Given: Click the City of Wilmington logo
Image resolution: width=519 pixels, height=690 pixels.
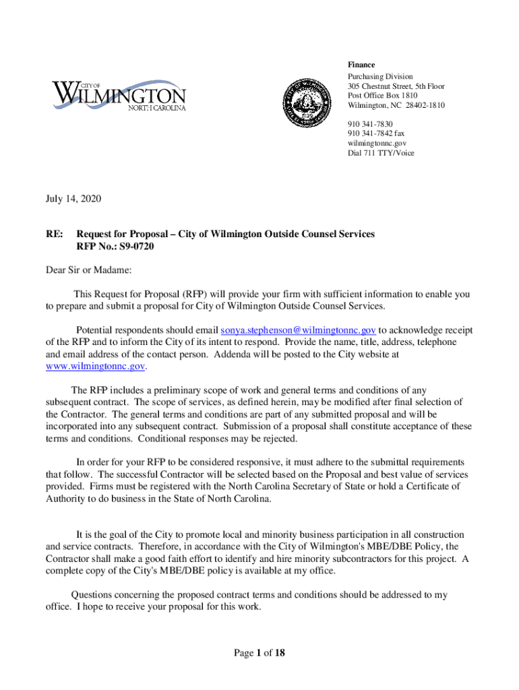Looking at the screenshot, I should (119, 96).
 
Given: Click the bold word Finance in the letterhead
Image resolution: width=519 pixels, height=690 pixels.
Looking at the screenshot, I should (361, 65).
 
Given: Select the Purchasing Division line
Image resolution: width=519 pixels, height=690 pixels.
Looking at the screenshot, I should (380, 77).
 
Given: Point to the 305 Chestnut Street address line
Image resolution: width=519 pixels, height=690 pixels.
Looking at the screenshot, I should (396, 87).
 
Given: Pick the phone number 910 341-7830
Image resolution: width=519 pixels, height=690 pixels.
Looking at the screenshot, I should (370, 125).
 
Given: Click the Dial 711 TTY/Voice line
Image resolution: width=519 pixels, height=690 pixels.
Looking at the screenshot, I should (381, 153).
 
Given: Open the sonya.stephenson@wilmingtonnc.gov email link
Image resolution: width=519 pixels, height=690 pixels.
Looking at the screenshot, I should (299, 331).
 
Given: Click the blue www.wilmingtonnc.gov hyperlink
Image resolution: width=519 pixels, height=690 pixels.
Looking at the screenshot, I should (95, 366).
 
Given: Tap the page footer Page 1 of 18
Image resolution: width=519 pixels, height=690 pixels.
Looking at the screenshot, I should (259, 653).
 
